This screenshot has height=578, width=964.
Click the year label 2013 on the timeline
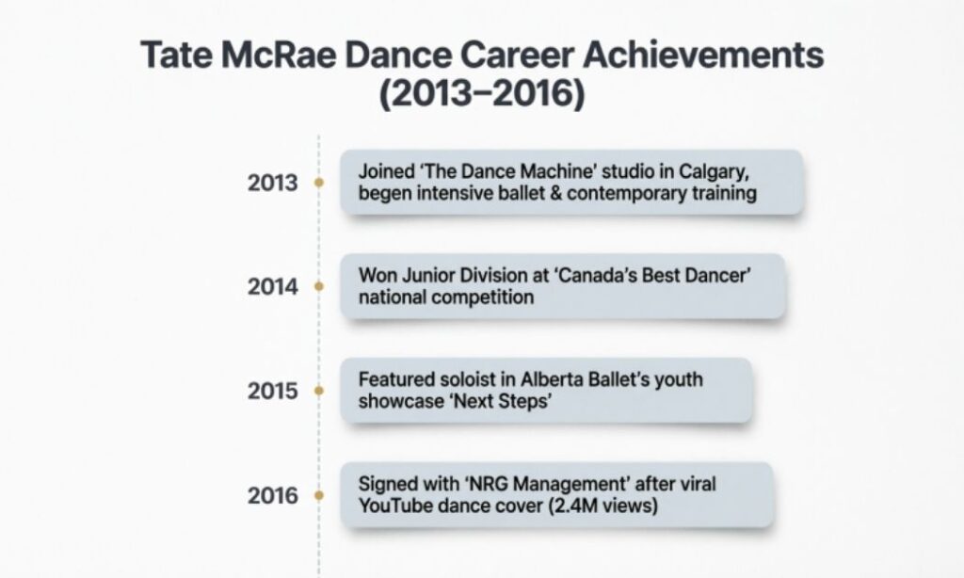(272, 183)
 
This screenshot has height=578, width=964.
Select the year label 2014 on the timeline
(272, 286)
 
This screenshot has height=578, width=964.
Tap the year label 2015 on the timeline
(272, 390)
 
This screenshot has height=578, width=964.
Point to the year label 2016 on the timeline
(272, 495)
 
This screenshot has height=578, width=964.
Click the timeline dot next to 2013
(319, 183)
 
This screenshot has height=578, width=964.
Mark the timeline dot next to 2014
(319, 286)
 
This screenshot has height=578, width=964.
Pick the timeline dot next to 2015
(319, 390)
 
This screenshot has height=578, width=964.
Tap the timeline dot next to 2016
(319, 495)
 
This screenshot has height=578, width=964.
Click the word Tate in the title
(177, 56)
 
